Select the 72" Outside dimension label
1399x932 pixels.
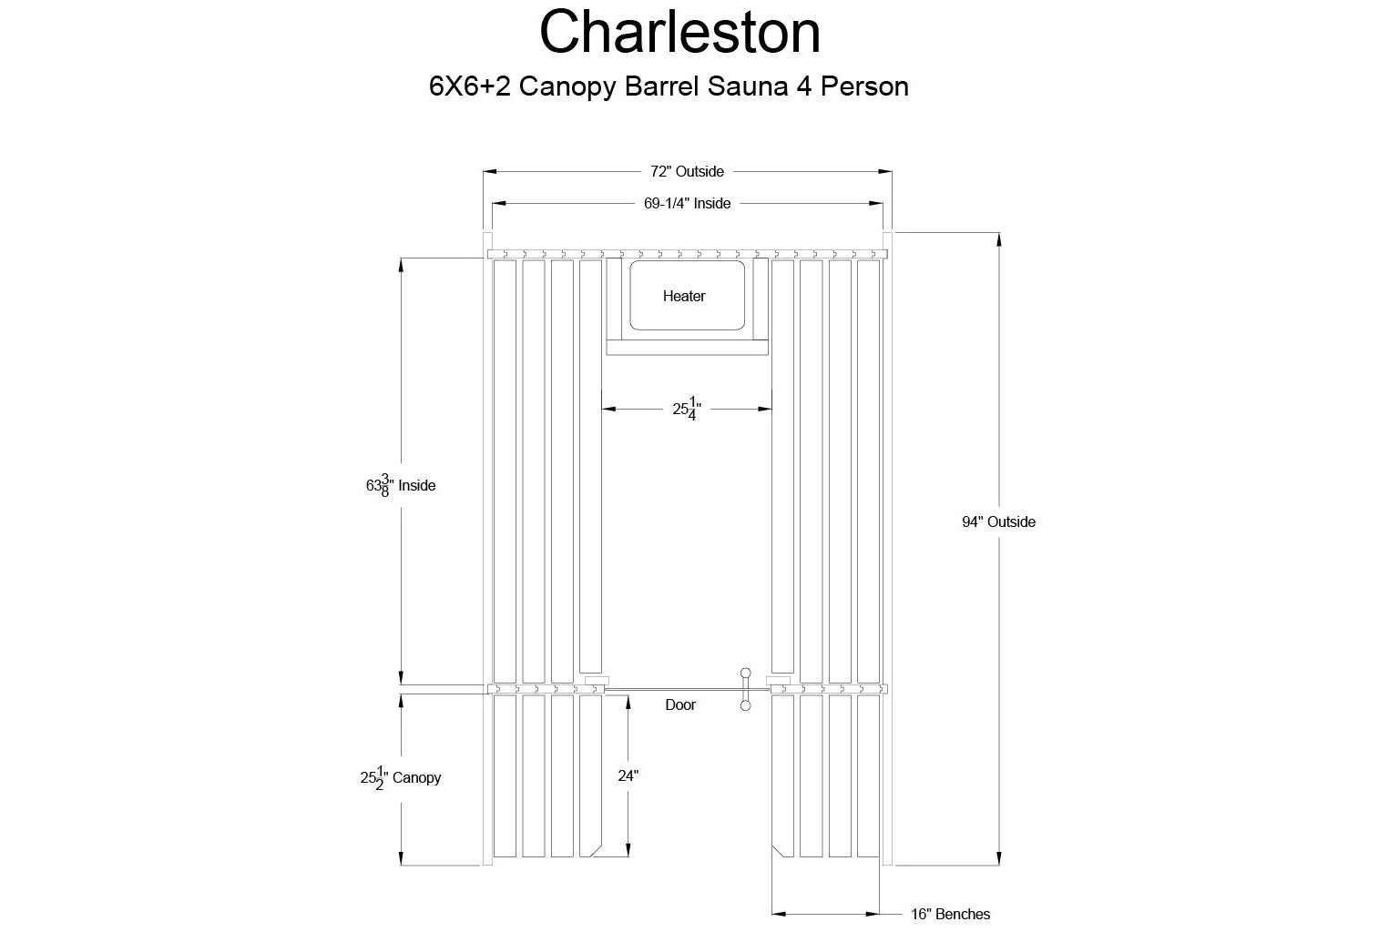tap(687, 172)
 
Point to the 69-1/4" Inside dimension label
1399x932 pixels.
tap(687, 204)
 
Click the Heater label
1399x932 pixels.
tap(684, 296)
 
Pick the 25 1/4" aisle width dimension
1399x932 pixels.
tap(687, 409)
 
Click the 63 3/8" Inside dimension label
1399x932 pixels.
tap(401, 486)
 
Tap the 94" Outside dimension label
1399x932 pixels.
tap(998, 522)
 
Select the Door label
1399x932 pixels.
tap(680, 704)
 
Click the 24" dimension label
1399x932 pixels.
tap(628, 775)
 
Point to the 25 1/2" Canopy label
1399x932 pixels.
tap(401, 778)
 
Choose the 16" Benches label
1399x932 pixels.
tap(950, 914)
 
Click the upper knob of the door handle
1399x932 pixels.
tap(745, 673)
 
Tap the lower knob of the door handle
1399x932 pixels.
tap(745, 705)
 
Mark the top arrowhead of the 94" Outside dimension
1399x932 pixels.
tap(998, 239)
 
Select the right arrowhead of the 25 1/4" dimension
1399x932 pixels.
tap(765, 409)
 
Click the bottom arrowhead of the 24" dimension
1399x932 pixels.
tap(628, 849)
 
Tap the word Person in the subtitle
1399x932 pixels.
tap(864, 86)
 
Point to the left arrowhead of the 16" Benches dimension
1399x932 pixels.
tap(779, 914)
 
